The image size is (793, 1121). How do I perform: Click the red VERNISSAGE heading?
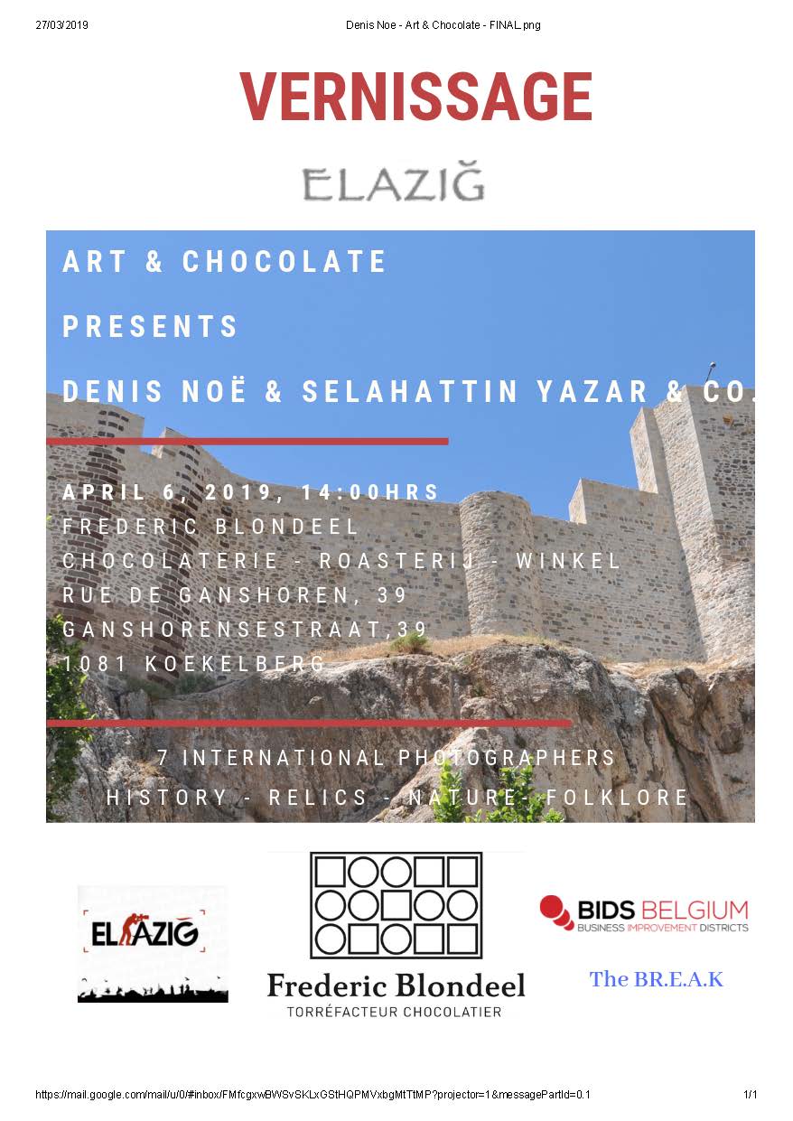tap(415, 97)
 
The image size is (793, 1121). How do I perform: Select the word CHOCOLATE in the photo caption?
tap(285, 262)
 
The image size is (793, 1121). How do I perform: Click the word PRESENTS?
tap(150, 326)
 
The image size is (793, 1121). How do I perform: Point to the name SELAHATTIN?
tap(410, 391)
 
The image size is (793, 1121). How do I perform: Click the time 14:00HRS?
tap(387, 492)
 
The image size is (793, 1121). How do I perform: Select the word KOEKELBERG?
tap(235, 664)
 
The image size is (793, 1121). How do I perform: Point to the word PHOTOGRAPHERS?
tap(507, 758)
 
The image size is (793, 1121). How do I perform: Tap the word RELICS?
tap(320, 798)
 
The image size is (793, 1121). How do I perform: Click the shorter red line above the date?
tap(247, 442)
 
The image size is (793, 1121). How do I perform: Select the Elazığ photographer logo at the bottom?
tap(153, 943)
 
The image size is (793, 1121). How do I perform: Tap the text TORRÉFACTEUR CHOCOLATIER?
tap(394, 1012)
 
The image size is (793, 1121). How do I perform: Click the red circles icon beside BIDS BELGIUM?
tap(556, 912)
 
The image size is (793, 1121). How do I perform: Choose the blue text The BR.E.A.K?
tap(657, 979)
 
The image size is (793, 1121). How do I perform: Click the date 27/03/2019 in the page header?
tap(61, 24)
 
